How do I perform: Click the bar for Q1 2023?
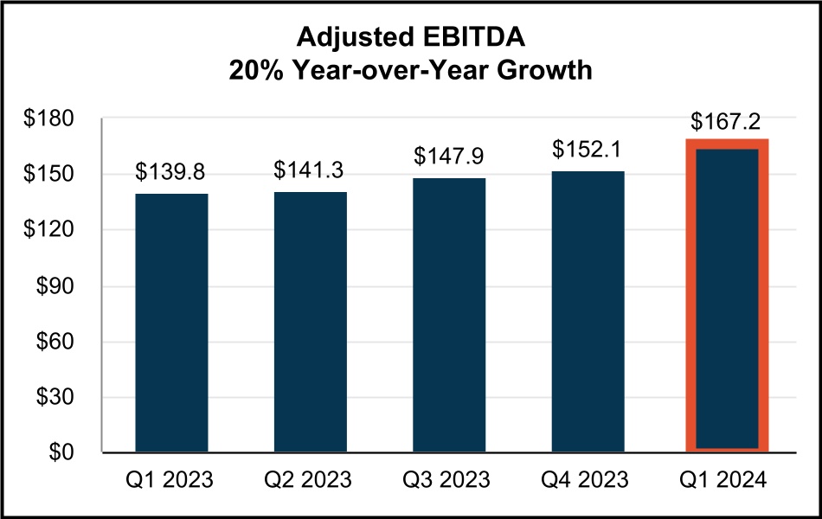coord(171,322)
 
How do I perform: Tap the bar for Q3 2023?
coord(449,315)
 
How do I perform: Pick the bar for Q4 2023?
coord(588,311)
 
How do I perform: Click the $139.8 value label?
coord(171,172)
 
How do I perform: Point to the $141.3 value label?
coord(310,170)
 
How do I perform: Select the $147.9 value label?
coord(449,157)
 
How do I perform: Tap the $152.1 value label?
coord(588,150)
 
